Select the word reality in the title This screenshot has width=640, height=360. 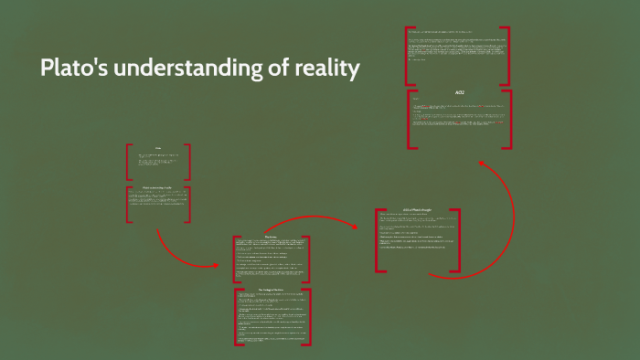coord(325,69)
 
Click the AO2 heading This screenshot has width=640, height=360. coord(459,92)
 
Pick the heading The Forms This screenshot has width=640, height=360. coord(271,236)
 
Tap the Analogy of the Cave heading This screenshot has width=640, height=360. coord(272,289)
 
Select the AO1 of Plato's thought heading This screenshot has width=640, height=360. coord(417,211)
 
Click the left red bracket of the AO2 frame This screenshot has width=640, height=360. coord(411,118)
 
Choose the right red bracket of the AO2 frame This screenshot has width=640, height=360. coord(507,118)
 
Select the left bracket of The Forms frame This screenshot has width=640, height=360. coord(235,259)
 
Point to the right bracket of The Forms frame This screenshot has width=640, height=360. coord(308,259)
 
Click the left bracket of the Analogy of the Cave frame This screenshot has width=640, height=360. coord(235,317)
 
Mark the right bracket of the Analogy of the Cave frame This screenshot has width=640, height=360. coord(309,317)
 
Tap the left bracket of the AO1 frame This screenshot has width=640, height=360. coord(378,240)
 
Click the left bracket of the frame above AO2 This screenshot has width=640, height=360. coord(408,56)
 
